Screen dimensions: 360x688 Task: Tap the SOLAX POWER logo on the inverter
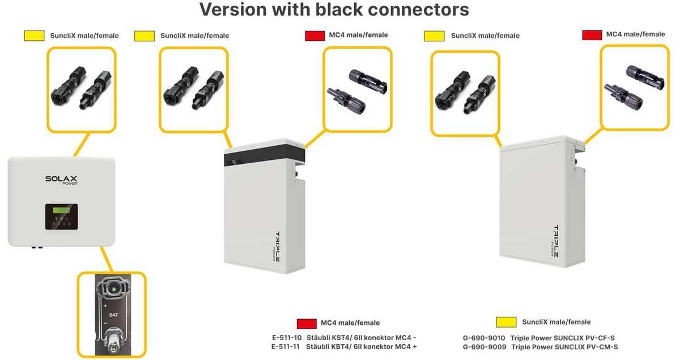[61, 180]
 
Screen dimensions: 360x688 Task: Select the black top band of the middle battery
[265, 154]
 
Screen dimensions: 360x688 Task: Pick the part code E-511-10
[287, 337]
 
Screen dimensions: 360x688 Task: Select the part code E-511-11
[287, 346]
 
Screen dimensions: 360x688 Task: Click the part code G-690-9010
[483, 338]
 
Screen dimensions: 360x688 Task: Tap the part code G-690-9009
[483, 346]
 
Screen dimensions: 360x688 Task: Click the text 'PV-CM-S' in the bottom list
[602, 346]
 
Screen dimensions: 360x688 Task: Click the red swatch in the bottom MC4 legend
[307, 323]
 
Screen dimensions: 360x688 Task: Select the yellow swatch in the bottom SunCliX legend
[506, 322]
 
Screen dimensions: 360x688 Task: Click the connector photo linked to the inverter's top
[81, 90]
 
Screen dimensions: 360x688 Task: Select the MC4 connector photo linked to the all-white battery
[634, 87]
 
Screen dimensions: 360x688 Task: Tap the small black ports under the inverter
[37, 247]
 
